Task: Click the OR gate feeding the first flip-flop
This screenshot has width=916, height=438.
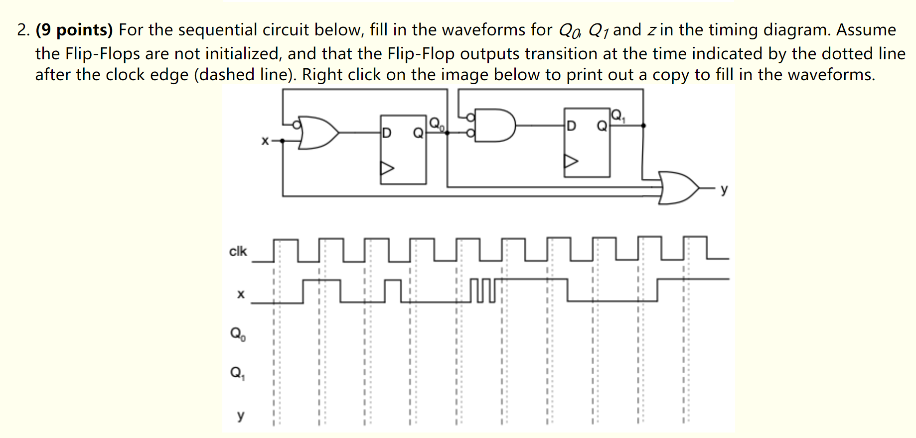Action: pos(317,133)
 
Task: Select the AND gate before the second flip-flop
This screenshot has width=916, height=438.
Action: pos(493,125)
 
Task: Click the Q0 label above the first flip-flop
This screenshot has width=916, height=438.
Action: pos(436,123)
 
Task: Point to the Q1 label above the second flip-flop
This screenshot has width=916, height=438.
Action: pos(617,116)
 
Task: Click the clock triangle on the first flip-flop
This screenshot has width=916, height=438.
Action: pos(387,168)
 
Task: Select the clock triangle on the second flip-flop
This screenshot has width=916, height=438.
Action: pos(571,161)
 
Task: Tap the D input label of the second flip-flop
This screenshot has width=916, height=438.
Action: pos(572,126)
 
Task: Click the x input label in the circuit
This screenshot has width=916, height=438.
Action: pos(265,141)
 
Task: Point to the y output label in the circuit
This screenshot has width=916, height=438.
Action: pos(724,189)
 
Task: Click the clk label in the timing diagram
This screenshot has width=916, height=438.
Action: pos(238,251)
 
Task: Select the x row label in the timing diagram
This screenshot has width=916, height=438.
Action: pos(241,294)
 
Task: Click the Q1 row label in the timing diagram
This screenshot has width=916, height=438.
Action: pos(237,373)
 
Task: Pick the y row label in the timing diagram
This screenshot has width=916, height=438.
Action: pos(241,415)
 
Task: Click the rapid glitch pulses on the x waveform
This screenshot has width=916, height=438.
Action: pos(482,291)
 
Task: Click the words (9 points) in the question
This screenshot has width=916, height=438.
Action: pos(74,30)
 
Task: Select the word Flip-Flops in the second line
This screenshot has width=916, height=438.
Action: pos(103,54)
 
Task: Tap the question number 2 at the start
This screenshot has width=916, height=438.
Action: pos(22,30)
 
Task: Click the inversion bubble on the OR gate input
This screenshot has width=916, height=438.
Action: pos(297,125)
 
